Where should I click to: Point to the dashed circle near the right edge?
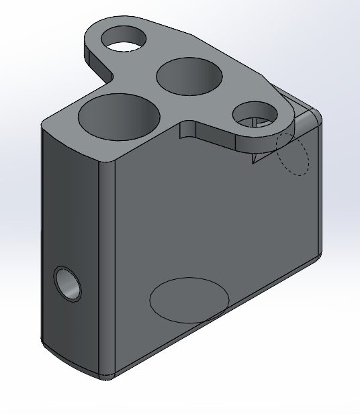293,154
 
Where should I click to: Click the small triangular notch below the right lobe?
256,158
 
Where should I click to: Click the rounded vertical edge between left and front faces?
107,268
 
